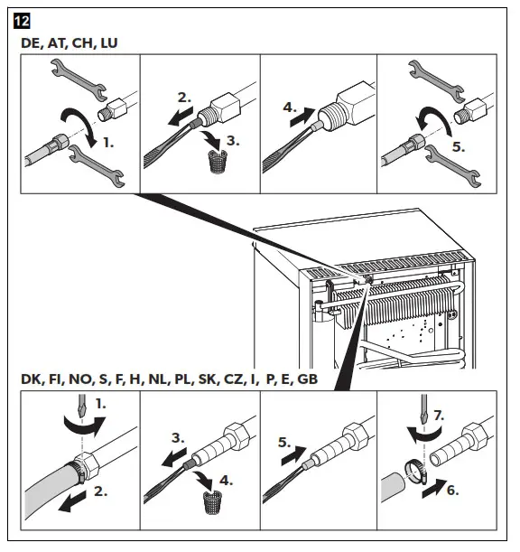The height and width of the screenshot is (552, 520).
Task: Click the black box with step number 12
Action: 22,21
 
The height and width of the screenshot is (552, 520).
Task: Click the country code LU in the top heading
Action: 109,43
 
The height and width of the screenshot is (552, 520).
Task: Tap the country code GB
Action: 308,379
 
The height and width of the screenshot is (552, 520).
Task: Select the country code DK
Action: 31,379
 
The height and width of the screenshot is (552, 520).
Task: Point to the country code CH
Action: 83,43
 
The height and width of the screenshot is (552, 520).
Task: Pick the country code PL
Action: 183,379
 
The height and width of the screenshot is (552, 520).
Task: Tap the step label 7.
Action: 439,416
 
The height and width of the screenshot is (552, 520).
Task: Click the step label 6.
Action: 453,490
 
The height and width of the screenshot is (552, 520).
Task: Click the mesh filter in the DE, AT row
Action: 218,162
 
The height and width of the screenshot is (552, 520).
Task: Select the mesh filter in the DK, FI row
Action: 212,503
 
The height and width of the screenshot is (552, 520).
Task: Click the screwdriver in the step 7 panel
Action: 424,409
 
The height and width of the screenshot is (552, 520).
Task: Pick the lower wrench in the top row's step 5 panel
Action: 453,166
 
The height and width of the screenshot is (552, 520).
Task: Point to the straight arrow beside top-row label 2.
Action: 181,117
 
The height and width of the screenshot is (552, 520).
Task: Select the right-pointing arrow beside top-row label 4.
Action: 303,117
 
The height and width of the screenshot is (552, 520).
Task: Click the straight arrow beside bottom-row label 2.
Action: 72,501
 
